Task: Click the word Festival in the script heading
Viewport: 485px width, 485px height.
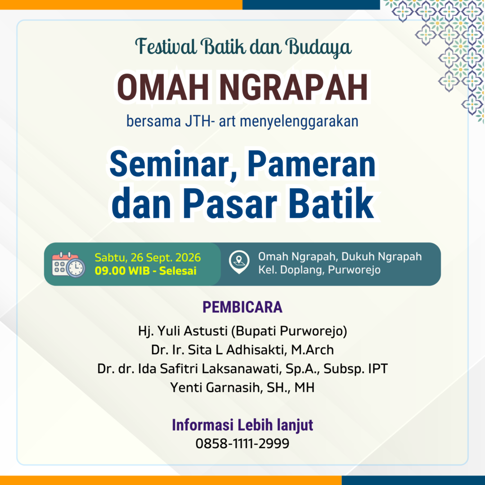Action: click(x=166, y=46)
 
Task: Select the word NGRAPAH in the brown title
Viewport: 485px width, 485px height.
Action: click(x=294, y=88)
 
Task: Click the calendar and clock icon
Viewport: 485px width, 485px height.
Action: click(x=68, y=264)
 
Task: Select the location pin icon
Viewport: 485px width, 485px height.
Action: click(x=239, y=262)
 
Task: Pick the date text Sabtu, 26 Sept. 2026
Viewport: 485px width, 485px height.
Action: click(x=148, y=257)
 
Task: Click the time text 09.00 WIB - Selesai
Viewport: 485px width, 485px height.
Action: click(x=145, y=270)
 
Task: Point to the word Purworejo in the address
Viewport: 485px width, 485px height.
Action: click(x=354, y=270)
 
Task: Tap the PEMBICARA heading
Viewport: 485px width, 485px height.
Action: click(x=242, y=307)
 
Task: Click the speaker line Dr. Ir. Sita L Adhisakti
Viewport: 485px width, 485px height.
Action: click(x=220, y=350)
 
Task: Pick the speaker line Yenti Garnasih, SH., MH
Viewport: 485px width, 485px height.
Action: click(x=242, y=387)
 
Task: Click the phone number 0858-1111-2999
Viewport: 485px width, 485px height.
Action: click(x=242, y=443)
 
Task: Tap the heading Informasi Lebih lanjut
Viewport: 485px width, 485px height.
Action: click(x=242, y=425)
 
